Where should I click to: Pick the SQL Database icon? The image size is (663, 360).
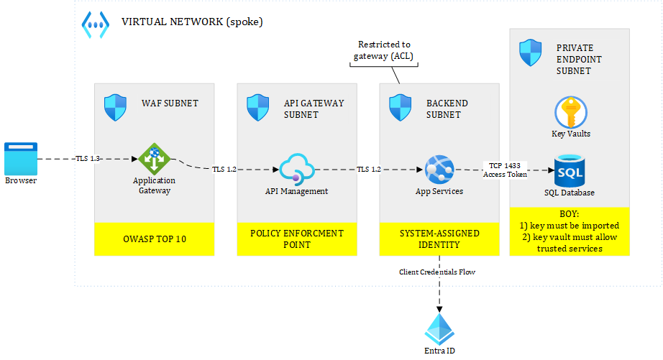click(x=569, y=170)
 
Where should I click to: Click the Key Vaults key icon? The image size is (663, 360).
click(x=571, y=113)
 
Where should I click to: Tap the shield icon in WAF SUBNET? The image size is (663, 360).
click(x=115, y=108)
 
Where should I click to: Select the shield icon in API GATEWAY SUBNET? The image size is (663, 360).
click(x=257, y=108)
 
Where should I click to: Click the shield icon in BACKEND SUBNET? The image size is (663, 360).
click(x=400, y=108)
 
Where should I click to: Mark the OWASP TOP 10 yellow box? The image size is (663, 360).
click(x=154, y=239)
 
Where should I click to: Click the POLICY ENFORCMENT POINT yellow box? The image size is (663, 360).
click(x=296, y=239)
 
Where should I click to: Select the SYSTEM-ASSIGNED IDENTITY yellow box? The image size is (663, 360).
click(x=439, y=239)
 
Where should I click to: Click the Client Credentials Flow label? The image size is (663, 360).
click(x=438, y=272)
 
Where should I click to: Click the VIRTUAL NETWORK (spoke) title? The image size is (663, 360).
click(x=192, y=22)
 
